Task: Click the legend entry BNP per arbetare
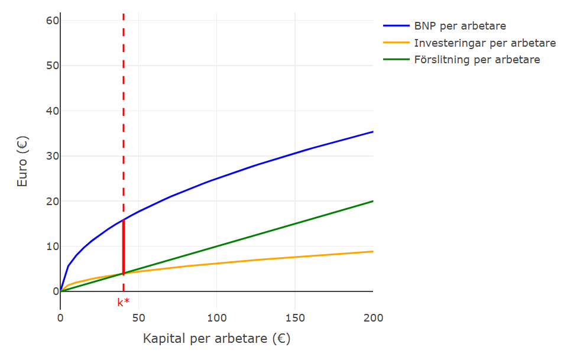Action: click(459, 26)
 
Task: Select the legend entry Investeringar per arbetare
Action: click(484, 43)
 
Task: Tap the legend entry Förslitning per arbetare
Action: click(477, 60)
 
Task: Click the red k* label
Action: click(124, 303)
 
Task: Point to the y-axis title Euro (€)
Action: click(22, 162)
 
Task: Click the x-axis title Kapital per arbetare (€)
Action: click(216, 339)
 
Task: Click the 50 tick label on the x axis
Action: click(138, 318)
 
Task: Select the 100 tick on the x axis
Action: click(216, 318)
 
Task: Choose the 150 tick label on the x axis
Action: click(295, 318)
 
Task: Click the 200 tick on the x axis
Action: click(373, 318)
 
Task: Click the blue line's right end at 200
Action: click(372, 132)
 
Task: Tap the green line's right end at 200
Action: click(372, 201)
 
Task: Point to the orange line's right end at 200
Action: click(372, 252)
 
